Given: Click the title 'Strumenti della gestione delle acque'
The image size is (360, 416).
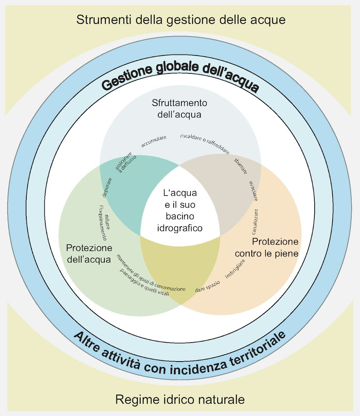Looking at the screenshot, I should (x=180, y=19).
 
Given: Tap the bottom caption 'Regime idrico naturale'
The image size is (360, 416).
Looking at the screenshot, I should (x=180, y=399).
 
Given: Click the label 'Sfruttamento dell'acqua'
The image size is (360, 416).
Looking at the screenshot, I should (x=180, y=109).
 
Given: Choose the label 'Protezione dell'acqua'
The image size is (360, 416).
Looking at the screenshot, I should (x=89, y=254).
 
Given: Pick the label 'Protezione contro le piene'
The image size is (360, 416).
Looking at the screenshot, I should (x=267, y=247).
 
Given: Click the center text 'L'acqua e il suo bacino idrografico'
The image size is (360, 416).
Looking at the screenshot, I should (x=180, y=210).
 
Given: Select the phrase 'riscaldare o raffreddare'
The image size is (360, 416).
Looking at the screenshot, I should (x=205, y=143).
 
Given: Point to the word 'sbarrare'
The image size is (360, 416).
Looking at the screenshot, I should (x=241, y=166).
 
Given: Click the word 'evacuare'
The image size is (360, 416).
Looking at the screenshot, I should (x=253, y=191).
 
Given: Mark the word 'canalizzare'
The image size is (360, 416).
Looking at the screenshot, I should (x=255, y=222).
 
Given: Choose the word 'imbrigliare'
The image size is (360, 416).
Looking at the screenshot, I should (x=235, y=269).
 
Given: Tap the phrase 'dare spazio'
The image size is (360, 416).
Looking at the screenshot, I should (x=207, y=287).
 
